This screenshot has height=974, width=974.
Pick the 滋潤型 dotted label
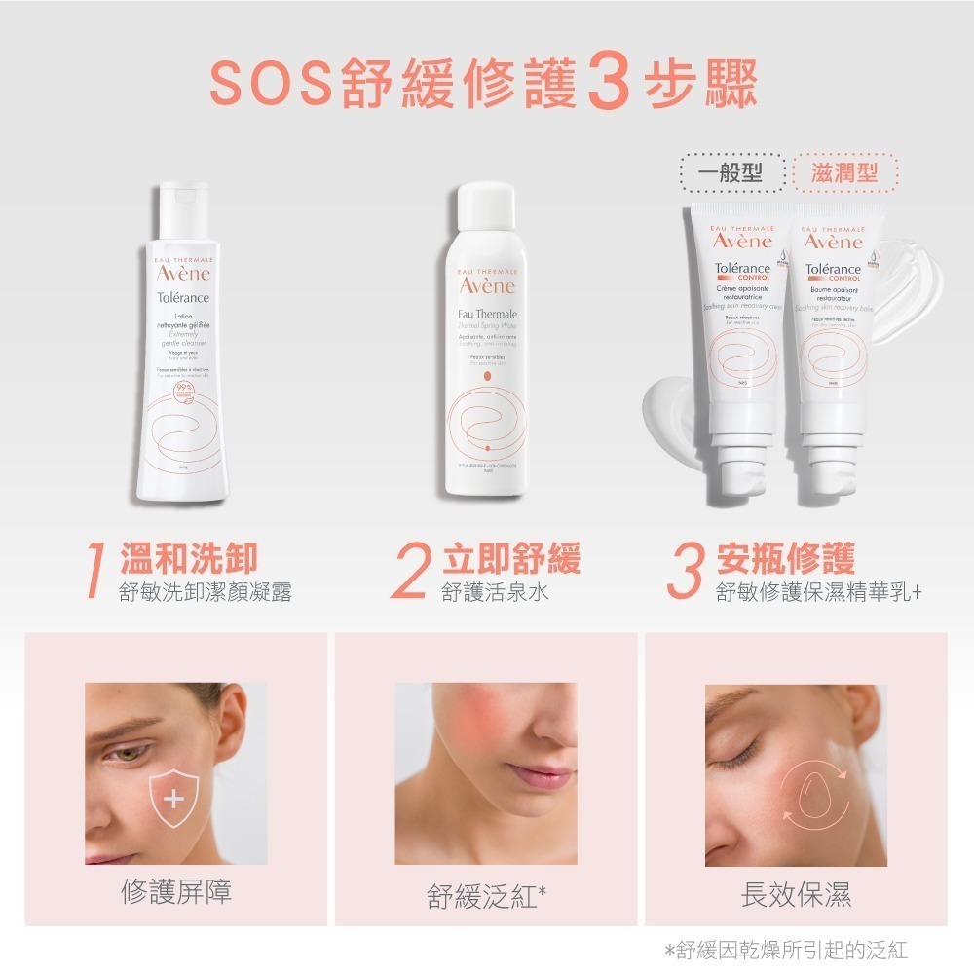point(844,173)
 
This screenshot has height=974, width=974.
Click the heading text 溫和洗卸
point(188,559)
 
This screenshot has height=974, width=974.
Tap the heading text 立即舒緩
point(511,559)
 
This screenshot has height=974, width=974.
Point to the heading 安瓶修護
point(785,559)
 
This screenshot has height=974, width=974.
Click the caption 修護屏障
point(176,891)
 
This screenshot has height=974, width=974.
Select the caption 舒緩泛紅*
point(485,895)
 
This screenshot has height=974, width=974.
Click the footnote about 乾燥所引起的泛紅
point(785,950)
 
